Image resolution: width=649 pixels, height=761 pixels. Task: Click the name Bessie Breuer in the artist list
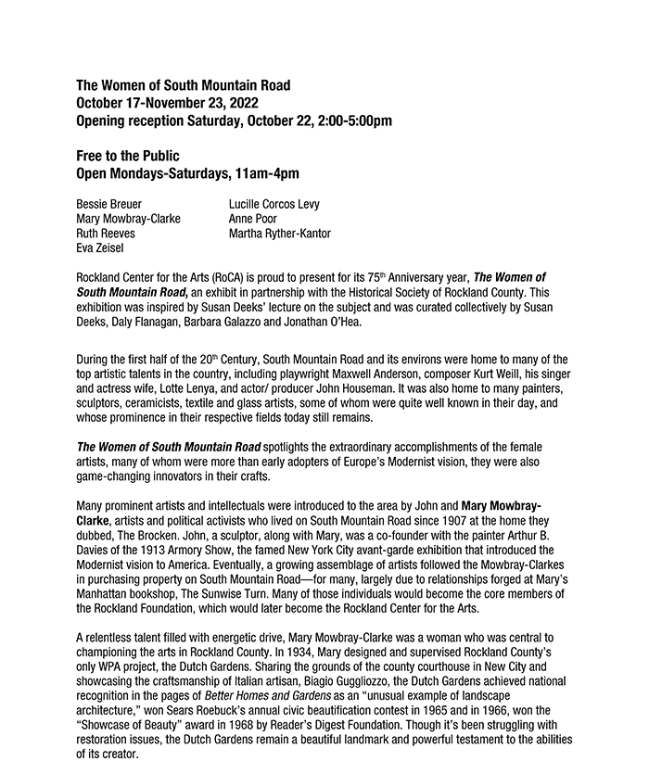[109, 203]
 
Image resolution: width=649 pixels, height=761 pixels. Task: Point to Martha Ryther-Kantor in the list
[279, 234]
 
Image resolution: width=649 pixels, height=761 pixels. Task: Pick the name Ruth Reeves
[106, 234]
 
